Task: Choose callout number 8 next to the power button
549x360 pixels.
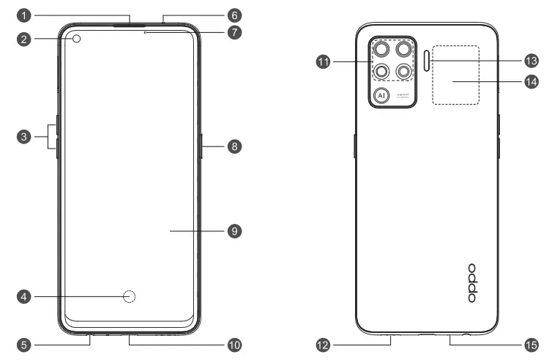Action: (x=234, y=146)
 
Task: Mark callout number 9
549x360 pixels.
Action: (x=234, y=230)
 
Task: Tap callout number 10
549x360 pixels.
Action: (x=234, y=343)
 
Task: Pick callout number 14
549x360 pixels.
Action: (x=531, y=82)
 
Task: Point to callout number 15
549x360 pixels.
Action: (x=531, y=343)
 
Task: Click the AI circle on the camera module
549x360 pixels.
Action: (x=381, y=95)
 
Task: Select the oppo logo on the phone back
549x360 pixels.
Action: (x=472, y=283)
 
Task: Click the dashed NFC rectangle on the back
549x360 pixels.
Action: (x=455, y=74)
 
